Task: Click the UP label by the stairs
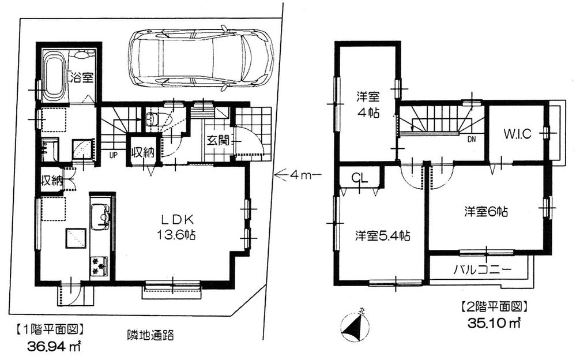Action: click(115, 155)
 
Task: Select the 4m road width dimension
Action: click(296, 173)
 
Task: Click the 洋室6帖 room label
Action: click(485, 212)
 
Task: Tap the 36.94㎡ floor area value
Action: click(54, 347)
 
